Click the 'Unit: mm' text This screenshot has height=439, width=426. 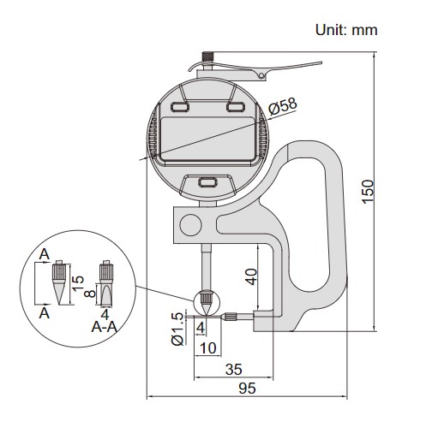tap(346, 30)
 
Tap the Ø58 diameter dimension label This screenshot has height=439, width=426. tap(283, 106)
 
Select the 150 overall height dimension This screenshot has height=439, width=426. tap(368, 192)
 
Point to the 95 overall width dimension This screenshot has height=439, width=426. tap(247, 389)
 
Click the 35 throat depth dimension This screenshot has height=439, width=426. tap(234, 370)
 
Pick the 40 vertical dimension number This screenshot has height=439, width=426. tap(251, 276)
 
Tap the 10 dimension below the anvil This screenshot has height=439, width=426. tap(208, 348)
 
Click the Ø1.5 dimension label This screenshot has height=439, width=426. tap(177, 329)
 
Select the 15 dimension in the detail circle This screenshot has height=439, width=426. tap(78, 283)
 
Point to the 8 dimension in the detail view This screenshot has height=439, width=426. tap(90, 293)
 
